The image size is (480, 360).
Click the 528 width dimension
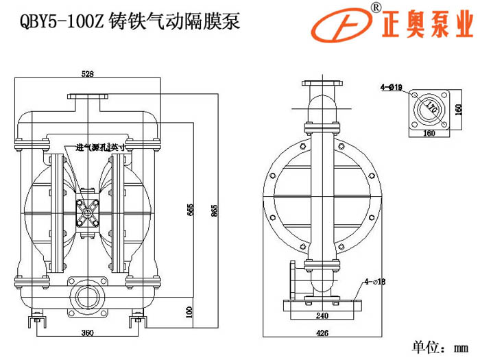tap(87, 73)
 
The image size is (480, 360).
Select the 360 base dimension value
tap(87, 333)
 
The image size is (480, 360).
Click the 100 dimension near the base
tap(189, 312)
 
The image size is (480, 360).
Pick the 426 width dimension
tap(323, 333)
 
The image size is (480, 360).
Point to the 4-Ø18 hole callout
tap(376, 280)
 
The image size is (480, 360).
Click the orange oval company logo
tap(341, 25)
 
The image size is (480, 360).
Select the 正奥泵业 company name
tap(425, 26)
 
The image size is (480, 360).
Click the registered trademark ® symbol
tap(376, 7)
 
